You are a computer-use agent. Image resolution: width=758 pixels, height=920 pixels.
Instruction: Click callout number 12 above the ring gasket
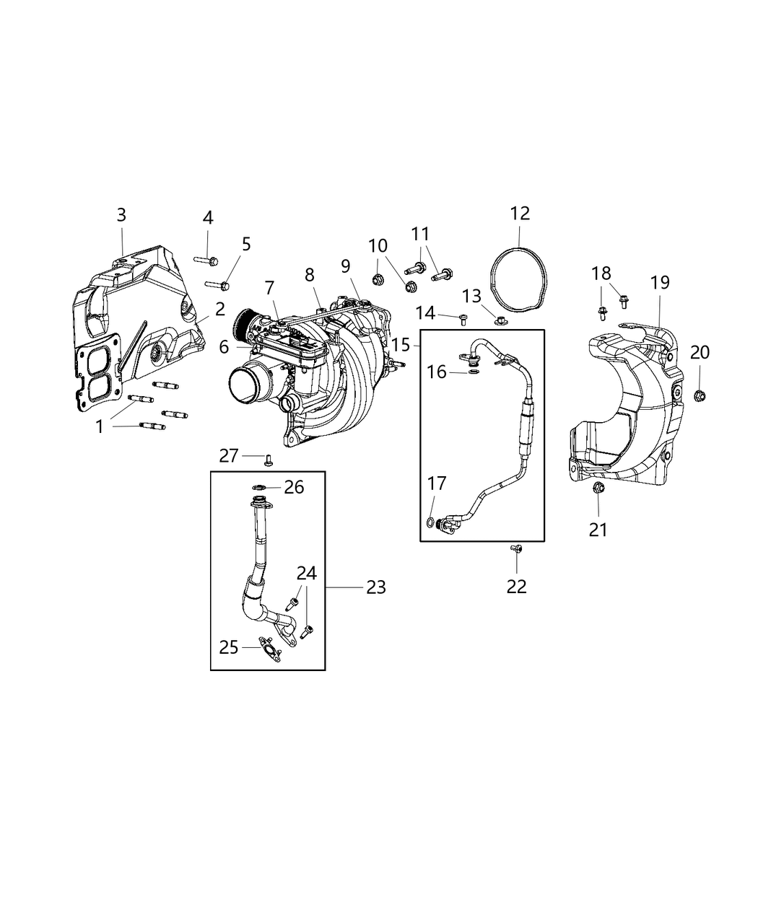[520, 214]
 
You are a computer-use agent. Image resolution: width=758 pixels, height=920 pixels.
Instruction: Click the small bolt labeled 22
[516, 550]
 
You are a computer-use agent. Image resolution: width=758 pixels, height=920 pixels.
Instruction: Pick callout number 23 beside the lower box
[375, 587]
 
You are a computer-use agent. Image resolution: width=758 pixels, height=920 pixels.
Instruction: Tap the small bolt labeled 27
[268, 459]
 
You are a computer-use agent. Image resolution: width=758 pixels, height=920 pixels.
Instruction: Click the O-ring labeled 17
[430, 522]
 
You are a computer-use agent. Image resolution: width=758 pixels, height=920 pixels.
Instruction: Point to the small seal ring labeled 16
[472, 372]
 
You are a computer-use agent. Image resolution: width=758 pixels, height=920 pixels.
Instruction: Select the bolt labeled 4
[206, 258]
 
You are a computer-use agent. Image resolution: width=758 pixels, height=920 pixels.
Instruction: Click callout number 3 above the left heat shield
[121, 214]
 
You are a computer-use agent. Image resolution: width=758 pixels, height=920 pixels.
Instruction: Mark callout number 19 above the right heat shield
[660, 282]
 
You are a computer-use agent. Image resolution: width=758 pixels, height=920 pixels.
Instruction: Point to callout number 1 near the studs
[100, 426]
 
